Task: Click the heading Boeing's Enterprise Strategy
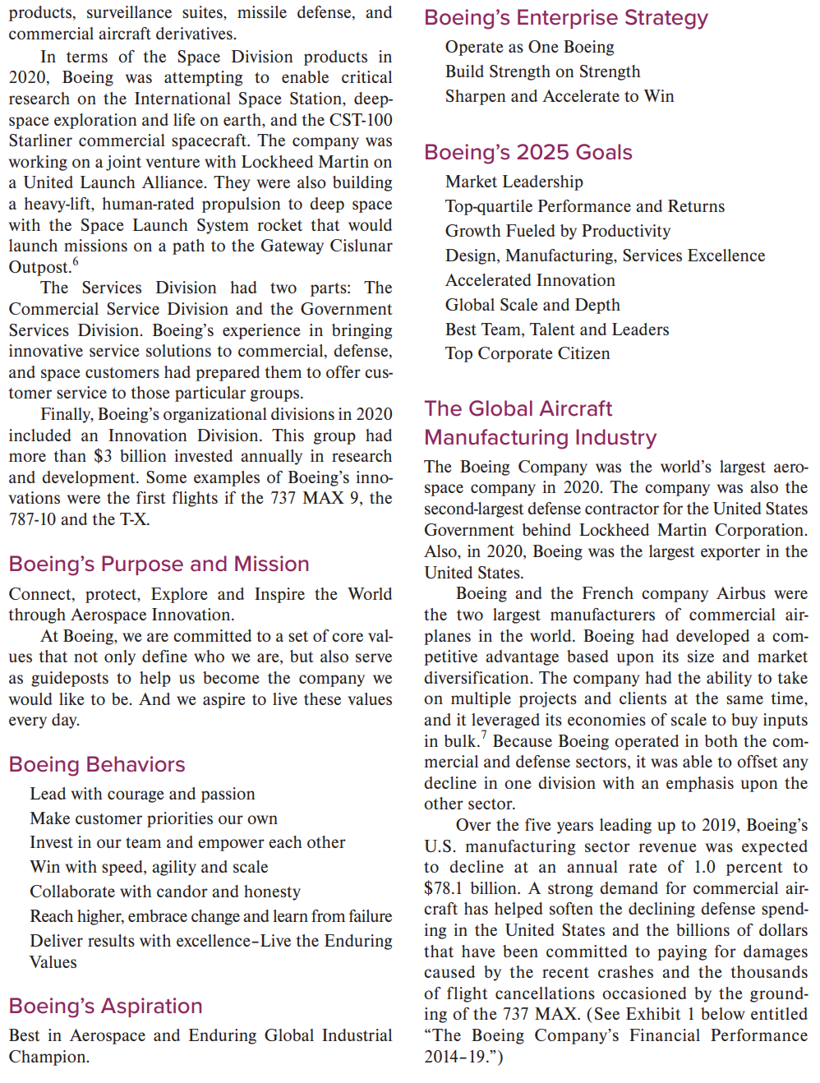[565, 18]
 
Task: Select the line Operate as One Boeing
[529, 48]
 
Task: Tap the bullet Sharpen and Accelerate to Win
[559, 97]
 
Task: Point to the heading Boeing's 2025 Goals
[527, 153]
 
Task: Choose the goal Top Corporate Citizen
[527, 354]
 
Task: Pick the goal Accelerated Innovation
[529, 281]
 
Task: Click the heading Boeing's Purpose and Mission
[159, 565]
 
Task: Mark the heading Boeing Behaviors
[97, 765]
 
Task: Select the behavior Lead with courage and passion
[142, 795]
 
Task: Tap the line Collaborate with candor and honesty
[164, 892]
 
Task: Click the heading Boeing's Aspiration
[105, 1007]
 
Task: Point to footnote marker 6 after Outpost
[76, 262]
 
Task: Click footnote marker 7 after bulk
[484, 735]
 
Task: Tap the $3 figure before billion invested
[103, 457]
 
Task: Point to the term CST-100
[361, 120]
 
